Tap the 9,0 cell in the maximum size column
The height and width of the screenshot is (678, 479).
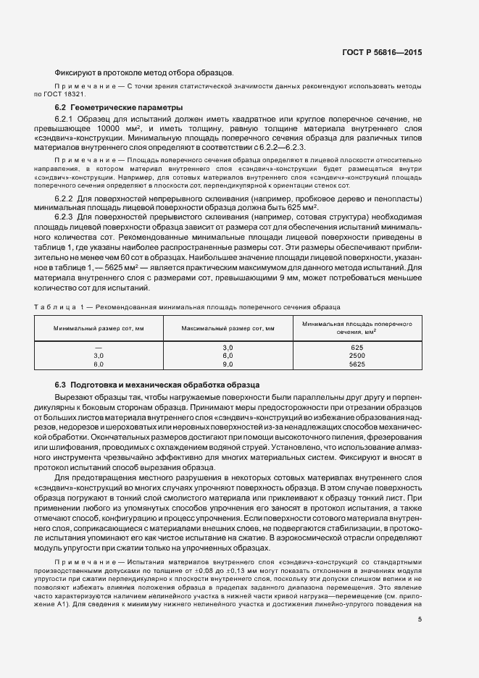(x=227, y=364)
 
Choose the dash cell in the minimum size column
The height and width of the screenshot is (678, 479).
(x=99, y=348)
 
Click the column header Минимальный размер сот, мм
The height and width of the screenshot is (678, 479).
(x=99, y=328)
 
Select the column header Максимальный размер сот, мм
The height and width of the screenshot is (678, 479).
(x=227, y=328)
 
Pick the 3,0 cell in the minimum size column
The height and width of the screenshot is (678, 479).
(x=99, y=356)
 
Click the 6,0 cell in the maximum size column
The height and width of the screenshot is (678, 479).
(x=227, y=356)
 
